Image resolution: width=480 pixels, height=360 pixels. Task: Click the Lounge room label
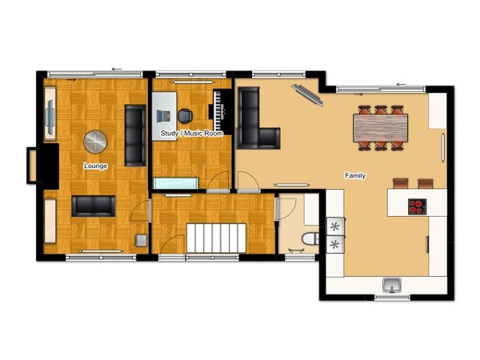[x=95, y=166]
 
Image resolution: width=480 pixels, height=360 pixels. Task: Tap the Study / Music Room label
[x=192, y=133]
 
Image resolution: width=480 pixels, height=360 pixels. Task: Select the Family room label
[x=355, y=175]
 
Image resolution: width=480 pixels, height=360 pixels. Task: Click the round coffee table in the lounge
[x=95, y=142]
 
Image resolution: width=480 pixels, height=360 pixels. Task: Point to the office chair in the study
[x=185, y=116]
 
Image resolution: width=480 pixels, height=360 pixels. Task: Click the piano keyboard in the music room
[x=219, y=110]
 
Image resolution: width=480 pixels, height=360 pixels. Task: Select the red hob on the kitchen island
[x=417, y=206]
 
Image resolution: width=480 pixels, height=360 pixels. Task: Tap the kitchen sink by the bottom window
[x=392, y=285]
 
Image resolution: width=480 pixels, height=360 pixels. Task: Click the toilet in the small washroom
[x=310, y=238]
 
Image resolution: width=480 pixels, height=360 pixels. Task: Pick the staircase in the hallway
[x=216, y=238]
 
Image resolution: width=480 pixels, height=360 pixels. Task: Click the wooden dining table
[x=380, y=128]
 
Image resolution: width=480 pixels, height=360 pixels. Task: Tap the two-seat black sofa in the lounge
[x=94, y=206]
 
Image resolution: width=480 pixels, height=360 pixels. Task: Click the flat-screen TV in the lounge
[x=50, y=114]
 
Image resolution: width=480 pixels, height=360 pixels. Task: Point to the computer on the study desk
[x=163, y=116]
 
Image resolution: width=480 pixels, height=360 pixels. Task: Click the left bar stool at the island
[x=401, y=183]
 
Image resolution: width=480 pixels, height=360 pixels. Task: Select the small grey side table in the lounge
[x=141, y=240]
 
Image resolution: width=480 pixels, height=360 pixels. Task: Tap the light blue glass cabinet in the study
[x=175, y=183]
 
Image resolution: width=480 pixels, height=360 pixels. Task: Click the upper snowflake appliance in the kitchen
[x=335, y=226]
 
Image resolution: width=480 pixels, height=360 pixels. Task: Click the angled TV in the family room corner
[x=307, y=95]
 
